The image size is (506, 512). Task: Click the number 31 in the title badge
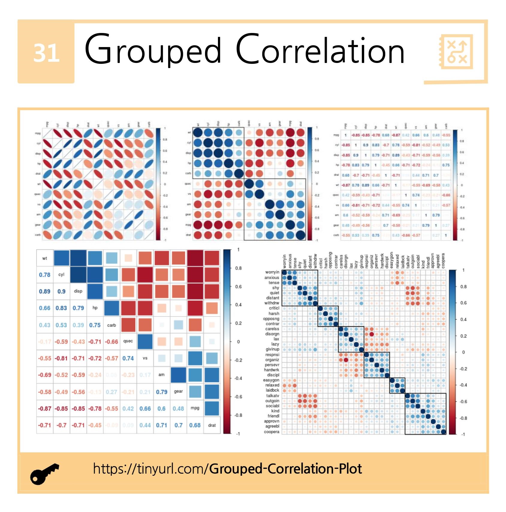(46, 53)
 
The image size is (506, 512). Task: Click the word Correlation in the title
(320, 50)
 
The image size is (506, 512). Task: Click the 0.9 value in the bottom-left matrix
(61, 291)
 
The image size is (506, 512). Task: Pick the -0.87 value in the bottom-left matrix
(44, 409)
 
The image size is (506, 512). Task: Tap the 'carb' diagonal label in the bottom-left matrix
(112, 325)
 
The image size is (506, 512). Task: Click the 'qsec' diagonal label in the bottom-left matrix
(128, 341)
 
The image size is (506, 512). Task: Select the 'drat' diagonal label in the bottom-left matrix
(212, 425)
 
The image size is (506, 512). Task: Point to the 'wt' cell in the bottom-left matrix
(45, 258)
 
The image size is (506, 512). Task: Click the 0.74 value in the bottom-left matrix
(128, 358)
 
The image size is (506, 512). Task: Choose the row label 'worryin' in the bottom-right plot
(272, 272)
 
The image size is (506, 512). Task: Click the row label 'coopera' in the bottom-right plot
(272, 432)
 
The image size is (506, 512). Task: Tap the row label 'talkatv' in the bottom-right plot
(272, 396)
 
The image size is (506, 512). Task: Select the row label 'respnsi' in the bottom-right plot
(272, 355)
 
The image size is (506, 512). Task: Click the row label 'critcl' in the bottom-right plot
(274, 308)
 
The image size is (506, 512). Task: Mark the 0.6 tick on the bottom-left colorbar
(238, 287)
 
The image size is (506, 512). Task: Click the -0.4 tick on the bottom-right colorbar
(463, 385)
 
